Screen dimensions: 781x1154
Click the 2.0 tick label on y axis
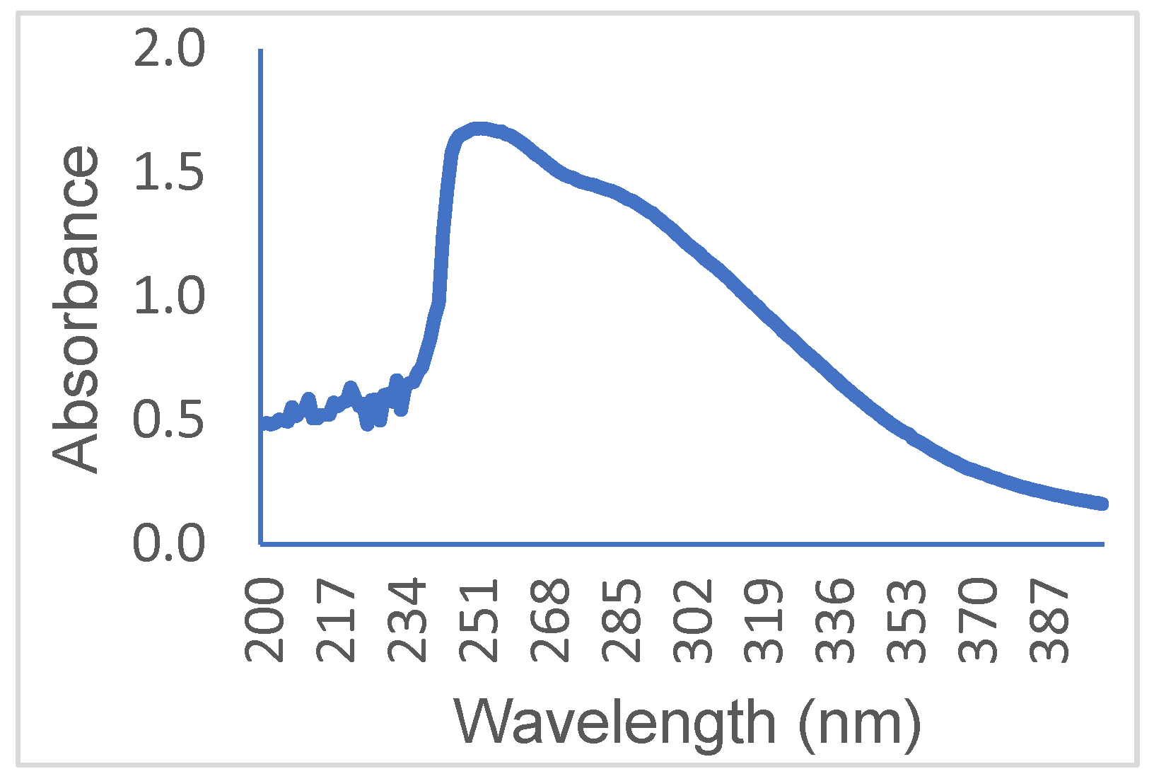point(168,51)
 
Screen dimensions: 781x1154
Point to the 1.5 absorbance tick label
point(168,173)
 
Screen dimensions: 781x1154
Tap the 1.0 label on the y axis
point(168,296)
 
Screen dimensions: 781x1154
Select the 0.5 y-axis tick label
point(168,420)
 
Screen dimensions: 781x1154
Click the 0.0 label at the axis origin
point(168,544)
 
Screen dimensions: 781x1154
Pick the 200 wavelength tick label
point(264,620)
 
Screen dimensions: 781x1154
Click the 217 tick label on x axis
point(337,620)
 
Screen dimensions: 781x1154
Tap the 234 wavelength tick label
point(408,620)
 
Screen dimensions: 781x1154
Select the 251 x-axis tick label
point(480,620)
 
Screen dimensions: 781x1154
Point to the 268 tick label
point(552,620)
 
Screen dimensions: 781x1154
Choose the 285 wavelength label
point(623,620)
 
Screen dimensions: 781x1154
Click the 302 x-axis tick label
point(694,620)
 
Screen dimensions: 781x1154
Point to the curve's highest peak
point(479,129)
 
